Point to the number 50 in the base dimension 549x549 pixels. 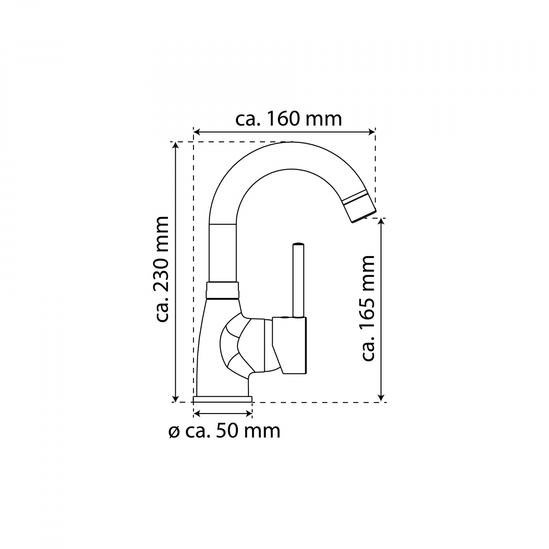tap(227, 431)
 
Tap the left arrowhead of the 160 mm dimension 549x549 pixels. tap(197, 132)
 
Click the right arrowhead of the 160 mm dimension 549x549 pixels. tap(372, 132)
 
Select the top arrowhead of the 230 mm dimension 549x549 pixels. tap(176, 145)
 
